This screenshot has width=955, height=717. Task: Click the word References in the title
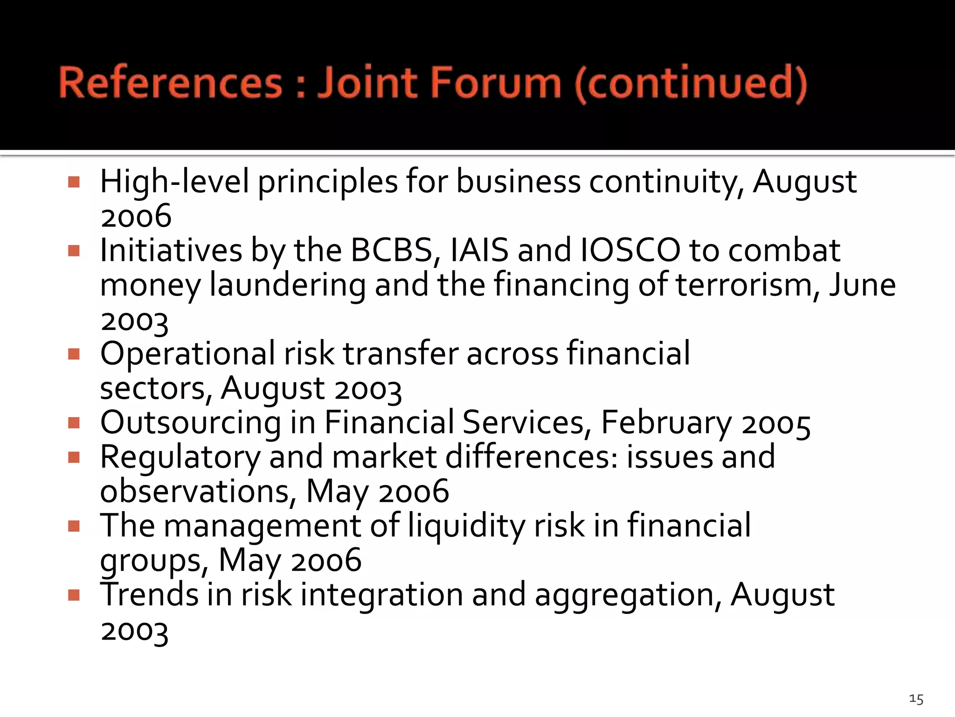[x=171, y=83]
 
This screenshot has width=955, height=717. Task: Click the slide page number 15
[x=916, y=699]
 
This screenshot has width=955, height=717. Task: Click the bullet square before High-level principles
[x=74, y=182]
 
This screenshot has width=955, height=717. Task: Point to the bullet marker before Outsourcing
[x=74, y=423]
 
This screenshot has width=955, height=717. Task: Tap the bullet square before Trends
[x=74, y=595]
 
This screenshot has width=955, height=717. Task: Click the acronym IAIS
[x=479, y=250]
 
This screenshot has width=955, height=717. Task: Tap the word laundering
[x=288, y=286]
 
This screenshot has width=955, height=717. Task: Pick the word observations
[x=198, y=492]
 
